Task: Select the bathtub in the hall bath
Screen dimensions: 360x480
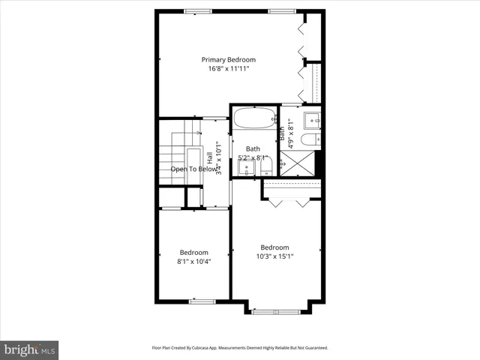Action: click(x=253, y=118)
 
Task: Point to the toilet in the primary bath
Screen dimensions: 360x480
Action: click(x=310, y=139)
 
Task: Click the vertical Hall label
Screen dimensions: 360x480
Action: click(x=210, y=158)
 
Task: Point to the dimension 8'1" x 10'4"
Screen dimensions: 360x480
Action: click(x=193, y=262)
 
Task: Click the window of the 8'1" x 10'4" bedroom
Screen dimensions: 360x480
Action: click(x=202, y=301)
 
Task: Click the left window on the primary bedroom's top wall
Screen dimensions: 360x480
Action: click(x=196, y=10)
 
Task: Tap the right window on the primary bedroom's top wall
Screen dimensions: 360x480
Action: click(x=281, y=10)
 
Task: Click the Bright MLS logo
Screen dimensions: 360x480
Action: click(x=29, y=349)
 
